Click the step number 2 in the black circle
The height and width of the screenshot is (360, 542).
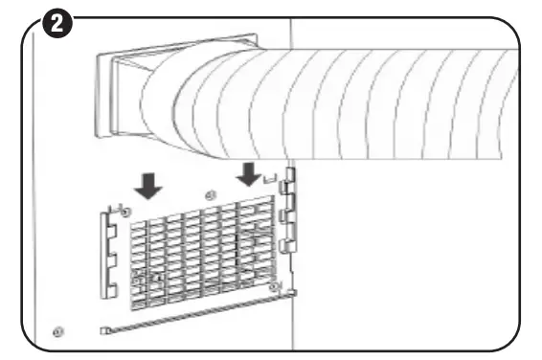point(60,24)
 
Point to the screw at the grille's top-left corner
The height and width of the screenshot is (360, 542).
point(124,209)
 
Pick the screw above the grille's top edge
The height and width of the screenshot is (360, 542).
point(211,195)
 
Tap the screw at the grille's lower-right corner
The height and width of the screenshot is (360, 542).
point(275,286)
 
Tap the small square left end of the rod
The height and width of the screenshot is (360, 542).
point(102,330)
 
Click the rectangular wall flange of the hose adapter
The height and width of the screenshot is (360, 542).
point(120,96)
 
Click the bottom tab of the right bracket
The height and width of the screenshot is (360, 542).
point(287,246)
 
